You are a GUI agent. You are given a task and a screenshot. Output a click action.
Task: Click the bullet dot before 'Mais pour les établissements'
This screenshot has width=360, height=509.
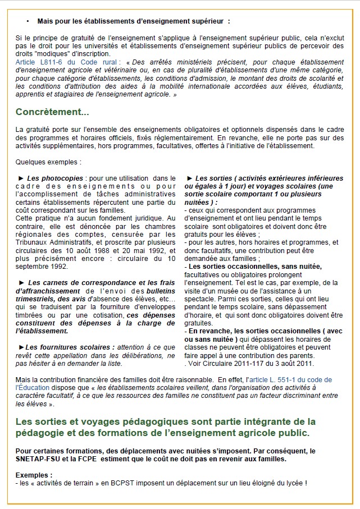click(x=28, y=21)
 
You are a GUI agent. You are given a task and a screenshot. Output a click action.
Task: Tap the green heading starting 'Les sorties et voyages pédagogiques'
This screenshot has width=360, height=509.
click(x=166, y=421)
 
